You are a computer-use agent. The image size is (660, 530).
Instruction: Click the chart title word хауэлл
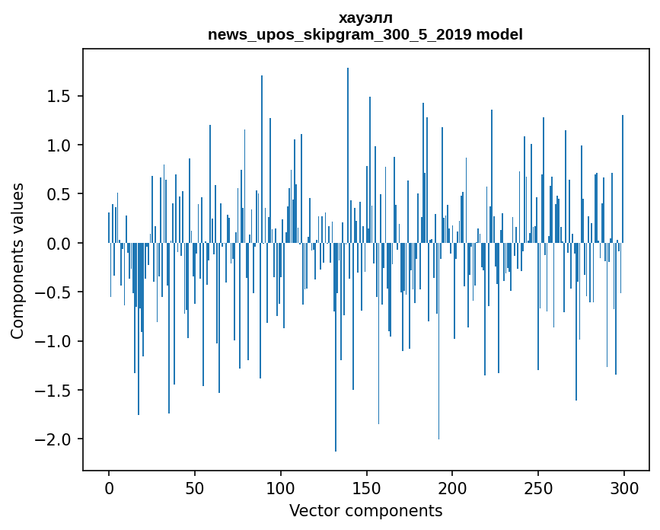click(x=365, y=18)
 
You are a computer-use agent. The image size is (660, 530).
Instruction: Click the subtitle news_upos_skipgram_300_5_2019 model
click(x=365, y=34)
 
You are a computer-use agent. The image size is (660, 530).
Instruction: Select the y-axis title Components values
click(x=18, y=260)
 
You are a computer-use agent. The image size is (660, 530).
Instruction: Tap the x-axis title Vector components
click(x=365, y=510)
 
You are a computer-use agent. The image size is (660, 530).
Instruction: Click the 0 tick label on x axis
click(x=109, y=487)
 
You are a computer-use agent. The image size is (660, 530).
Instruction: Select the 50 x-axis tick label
click(x=195, y=487)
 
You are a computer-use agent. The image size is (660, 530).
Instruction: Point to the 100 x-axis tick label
click(x=281, y=487)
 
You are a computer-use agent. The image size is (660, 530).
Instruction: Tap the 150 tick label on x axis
click(x=366, y=487)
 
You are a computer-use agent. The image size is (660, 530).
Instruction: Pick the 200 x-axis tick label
click(x=452, y=487)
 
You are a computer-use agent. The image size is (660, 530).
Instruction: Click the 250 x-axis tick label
click(x=538, y=487)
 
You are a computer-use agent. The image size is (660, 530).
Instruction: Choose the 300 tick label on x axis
click(x=624, y=487)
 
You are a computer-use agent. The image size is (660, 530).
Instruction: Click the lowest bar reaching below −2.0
click(x=336, y=381)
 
